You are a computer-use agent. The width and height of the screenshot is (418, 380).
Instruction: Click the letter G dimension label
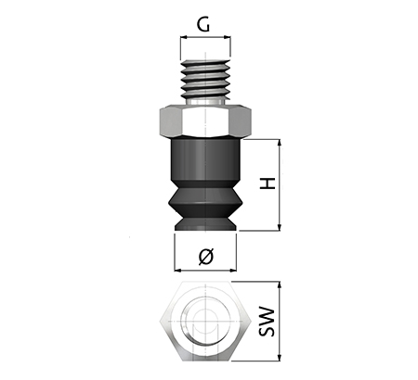point(203,25)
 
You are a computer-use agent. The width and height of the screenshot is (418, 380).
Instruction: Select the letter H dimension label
point(268,184)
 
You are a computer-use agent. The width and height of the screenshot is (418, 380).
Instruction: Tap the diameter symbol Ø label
point(206,257)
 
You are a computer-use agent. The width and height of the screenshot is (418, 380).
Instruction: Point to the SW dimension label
point(267,322)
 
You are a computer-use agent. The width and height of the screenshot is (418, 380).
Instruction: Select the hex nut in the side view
point(205,121)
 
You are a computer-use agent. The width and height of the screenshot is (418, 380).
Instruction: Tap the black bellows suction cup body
point(205,184)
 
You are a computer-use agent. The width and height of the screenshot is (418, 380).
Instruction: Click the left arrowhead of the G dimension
point(183,37)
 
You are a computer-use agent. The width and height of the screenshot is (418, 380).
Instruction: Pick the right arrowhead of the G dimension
point(228,37)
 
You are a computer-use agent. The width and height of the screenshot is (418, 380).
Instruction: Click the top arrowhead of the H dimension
point(280,143)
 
